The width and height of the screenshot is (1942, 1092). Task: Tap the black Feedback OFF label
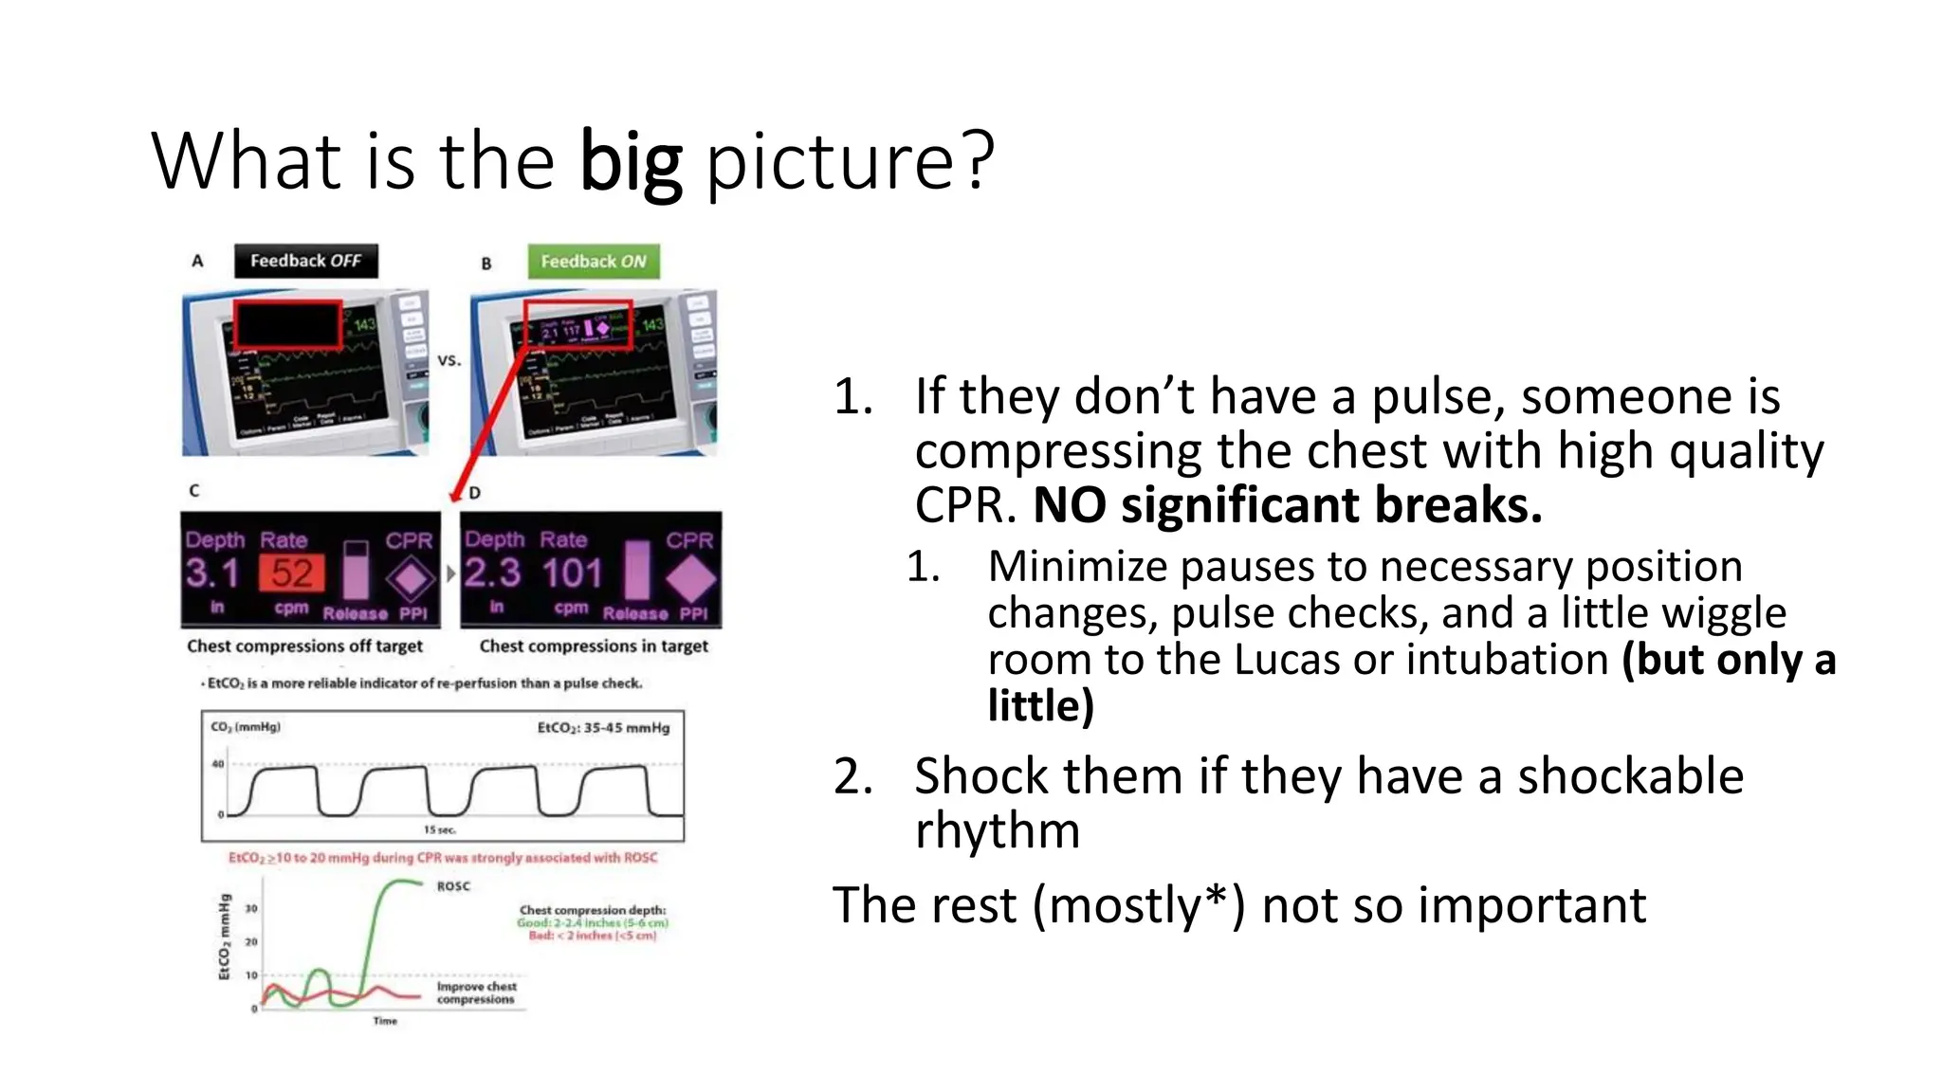[305, 261]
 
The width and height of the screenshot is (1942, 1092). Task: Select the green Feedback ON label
[594, 262]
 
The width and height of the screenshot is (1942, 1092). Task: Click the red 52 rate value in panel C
[291, 573]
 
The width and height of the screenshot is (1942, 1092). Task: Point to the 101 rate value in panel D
[572, 573]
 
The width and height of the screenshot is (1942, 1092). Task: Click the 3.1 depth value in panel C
[211, 573]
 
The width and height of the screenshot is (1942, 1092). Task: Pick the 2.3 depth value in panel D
[492, 573]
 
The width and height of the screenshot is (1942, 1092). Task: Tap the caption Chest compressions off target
[304, 646]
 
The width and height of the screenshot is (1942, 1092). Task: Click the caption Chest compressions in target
[594, 646]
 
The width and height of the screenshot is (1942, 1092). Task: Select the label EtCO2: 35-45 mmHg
[603, 728]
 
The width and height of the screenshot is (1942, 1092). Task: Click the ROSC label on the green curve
[453, 886]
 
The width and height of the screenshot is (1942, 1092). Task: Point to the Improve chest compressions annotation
[476, 992]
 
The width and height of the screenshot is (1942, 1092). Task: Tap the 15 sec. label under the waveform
[439, 829]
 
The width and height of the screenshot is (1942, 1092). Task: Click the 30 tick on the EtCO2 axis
[251, 908]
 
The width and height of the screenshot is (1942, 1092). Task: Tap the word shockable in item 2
[1630, 776]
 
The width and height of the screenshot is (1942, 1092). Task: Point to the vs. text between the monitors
[449, 360]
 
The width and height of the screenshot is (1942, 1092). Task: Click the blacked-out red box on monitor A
[287, 324]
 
